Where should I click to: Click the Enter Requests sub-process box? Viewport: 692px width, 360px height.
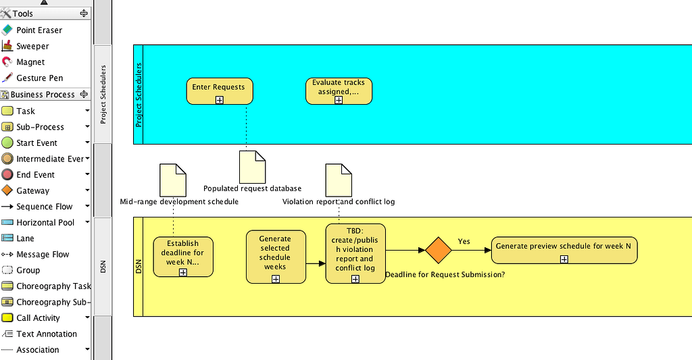click(x=219, y=88)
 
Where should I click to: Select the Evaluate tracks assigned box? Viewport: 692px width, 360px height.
click(x=338, y=87)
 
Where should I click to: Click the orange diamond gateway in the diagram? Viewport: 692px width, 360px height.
click(x=438, y=251)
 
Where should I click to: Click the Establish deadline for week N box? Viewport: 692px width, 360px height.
click(x=182, y=253)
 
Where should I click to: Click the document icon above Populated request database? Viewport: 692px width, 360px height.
click(x=252, y=166)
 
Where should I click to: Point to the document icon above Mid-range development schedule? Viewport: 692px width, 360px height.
click(x=172, y=180)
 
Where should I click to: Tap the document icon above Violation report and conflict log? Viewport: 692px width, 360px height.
click(x=338, y=180)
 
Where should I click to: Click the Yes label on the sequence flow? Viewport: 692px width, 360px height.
click(x=464, y=241)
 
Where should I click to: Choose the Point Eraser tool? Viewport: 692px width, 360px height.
click(x=39, y=30)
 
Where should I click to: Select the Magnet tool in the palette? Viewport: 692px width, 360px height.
click(x=31, y=62)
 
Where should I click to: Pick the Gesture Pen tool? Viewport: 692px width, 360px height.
click(x=39, y=78)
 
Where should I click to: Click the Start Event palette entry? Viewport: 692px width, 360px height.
click(x=36, y=143)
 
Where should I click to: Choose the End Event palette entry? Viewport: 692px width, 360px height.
click(x=35, y=175)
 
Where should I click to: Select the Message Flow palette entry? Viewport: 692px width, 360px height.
click(x=43, y=255)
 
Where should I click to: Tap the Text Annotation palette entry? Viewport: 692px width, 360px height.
click(x=47, y=334)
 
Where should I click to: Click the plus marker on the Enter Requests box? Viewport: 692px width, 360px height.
click(x=220, y=100)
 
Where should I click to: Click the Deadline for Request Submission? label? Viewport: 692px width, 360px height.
click(x=445, y=274)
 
